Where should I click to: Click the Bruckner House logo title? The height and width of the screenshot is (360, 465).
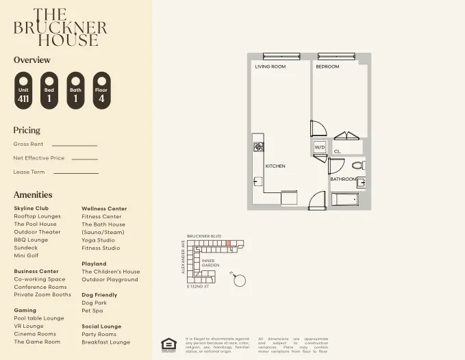pos(60,27)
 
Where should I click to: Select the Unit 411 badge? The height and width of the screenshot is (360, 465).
pos(23,90)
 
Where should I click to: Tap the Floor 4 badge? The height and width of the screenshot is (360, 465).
pos(101,90)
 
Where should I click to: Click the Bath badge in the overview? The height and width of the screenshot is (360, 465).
pos(75,90)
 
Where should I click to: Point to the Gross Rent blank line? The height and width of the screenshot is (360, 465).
pos(74,145)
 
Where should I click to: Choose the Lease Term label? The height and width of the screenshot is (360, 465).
pos(29,172)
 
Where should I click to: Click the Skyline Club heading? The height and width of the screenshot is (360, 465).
pos(31,208)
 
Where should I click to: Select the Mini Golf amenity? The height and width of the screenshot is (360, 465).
pos(26,255)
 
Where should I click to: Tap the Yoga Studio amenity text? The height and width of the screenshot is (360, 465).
pos(99,240)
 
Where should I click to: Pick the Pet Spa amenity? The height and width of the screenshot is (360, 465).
pos(92,311)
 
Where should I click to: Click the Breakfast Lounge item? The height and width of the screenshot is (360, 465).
pos(105,342)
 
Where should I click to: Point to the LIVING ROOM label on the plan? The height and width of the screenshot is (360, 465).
pos(270,67)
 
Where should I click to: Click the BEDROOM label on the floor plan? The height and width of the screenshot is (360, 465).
pos(327,67)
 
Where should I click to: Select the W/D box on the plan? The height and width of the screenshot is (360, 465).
pos(320,147)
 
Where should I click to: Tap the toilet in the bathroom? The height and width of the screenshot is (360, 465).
pos(357,165)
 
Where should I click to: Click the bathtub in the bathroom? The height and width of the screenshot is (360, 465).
pos(344,199)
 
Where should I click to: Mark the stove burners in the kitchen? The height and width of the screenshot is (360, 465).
pos(258,146)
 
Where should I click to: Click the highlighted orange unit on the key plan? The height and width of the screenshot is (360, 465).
pos(228,243)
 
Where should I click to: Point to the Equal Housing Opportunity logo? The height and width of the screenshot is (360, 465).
pos(167,344)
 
